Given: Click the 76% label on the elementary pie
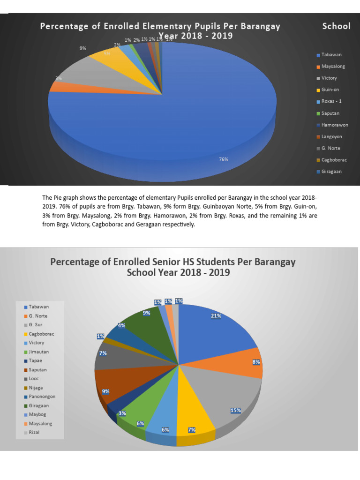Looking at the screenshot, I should click(224, 159).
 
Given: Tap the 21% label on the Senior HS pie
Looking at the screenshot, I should click(216, 316).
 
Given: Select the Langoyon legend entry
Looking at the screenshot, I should click(331, 136).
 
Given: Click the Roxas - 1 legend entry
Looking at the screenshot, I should click(331, 101).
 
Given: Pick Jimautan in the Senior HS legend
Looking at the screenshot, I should click(39, 352).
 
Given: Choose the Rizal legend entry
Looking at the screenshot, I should click(34, 432).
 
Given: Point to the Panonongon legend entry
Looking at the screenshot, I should click(42, 397).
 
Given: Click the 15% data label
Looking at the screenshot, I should click(236, 411).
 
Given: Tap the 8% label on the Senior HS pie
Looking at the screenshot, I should click(256, 362).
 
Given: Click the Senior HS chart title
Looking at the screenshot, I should click(173, 267).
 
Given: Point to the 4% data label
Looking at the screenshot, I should click(121, 325).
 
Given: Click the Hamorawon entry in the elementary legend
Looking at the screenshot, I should click(334, 125).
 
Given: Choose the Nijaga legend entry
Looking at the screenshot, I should click(36, 388).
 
